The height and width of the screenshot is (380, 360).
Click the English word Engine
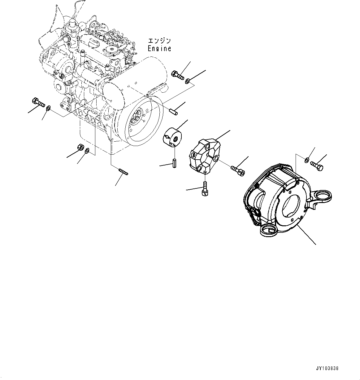(x=159, y=49)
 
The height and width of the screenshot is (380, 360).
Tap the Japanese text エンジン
(x=159, y=41)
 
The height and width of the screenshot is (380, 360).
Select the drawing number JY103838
(x=327, y=369)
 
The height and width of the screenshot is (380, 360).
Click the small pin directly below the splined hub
(x=174, y=163)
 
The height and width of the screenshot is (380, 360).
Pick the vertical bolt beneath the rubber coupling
(x=205, y=188)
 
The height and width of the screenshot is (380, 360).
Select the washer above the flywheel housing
(x=306, y=160)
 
